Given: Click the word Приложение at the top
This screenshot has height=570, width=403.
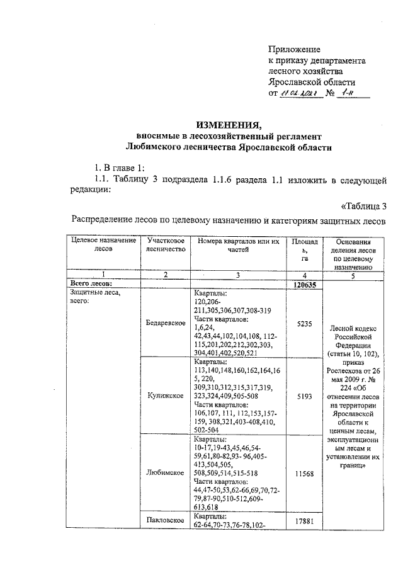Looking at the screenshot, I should tap(294, 49).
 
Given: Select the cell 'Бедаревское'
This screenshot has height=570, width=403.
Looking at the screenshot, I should tap(165, 322).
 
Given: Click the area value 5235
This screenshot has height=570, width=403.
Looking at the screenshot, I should tap(304, 322).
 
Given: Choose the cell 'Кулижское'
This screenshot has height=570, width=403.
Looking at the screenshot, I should tap(165, 396).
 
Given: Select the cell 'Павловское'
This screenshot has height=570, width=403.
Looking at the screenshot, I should tap(165, 520).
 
